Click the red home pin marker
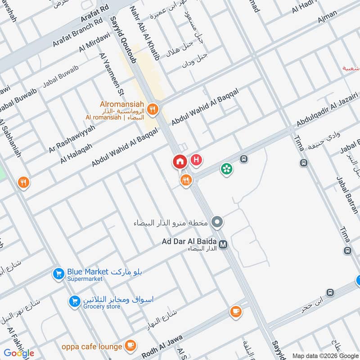tap(180, 162)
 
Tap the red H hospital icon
tap(196, 160)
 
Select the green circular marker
tap(226, 169)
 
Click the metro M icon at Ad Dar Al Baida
tap(224, 244)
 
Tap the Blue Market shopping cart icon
tap(58, 274)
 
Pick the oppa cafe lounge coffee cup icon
tap(130, 346)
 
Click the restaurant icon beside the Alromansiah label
tap(153, 109)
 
